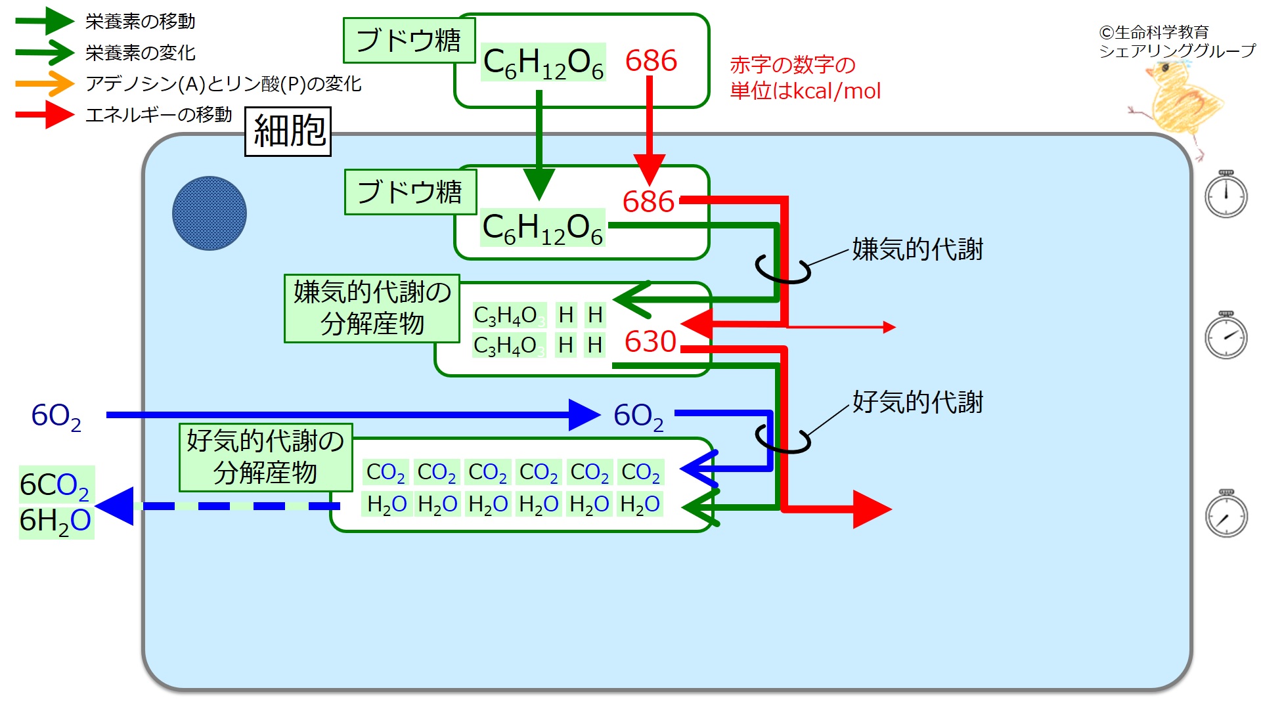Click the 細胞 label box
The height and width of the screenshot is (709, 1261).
[288, 131]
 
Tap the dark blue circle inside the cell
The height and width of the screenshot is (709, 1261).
[210, 213]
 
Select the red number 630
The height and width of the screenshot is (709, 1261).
[650, 341]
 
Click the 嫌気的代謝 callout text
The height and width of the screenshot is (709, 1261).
[917, 249]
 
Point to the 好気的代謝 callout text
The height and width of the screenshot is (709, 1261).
[917, 402]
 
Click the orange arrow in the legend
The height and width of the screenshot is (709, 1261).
[45, 83]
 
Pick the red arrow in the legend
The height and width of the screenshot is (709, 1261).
[45, 115]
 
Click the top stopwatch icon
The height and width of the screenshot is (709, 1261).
[1226, 194]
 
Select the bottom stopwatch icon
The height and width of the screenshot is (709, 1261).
[1226, 515]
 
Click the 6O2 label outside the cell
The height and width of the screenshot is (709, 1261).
[56, 416]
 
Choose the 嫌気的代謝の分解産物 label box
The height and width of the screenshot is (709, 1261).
[372, 309]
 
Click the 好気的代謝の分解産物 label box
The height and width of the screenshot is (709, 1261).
[265, 457]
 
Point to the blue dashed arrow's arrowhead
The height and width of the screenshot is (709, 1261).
[117, 506]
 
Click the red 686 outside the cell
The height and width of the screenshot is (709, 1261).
[651, 61]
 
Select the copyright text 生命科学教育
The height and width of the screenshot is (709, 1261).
[1154, 32]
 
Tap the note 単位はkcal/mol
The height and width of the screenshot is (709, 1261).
[805, 91]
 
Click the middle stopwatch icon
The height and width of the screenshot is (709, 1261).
[1226, 336]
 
